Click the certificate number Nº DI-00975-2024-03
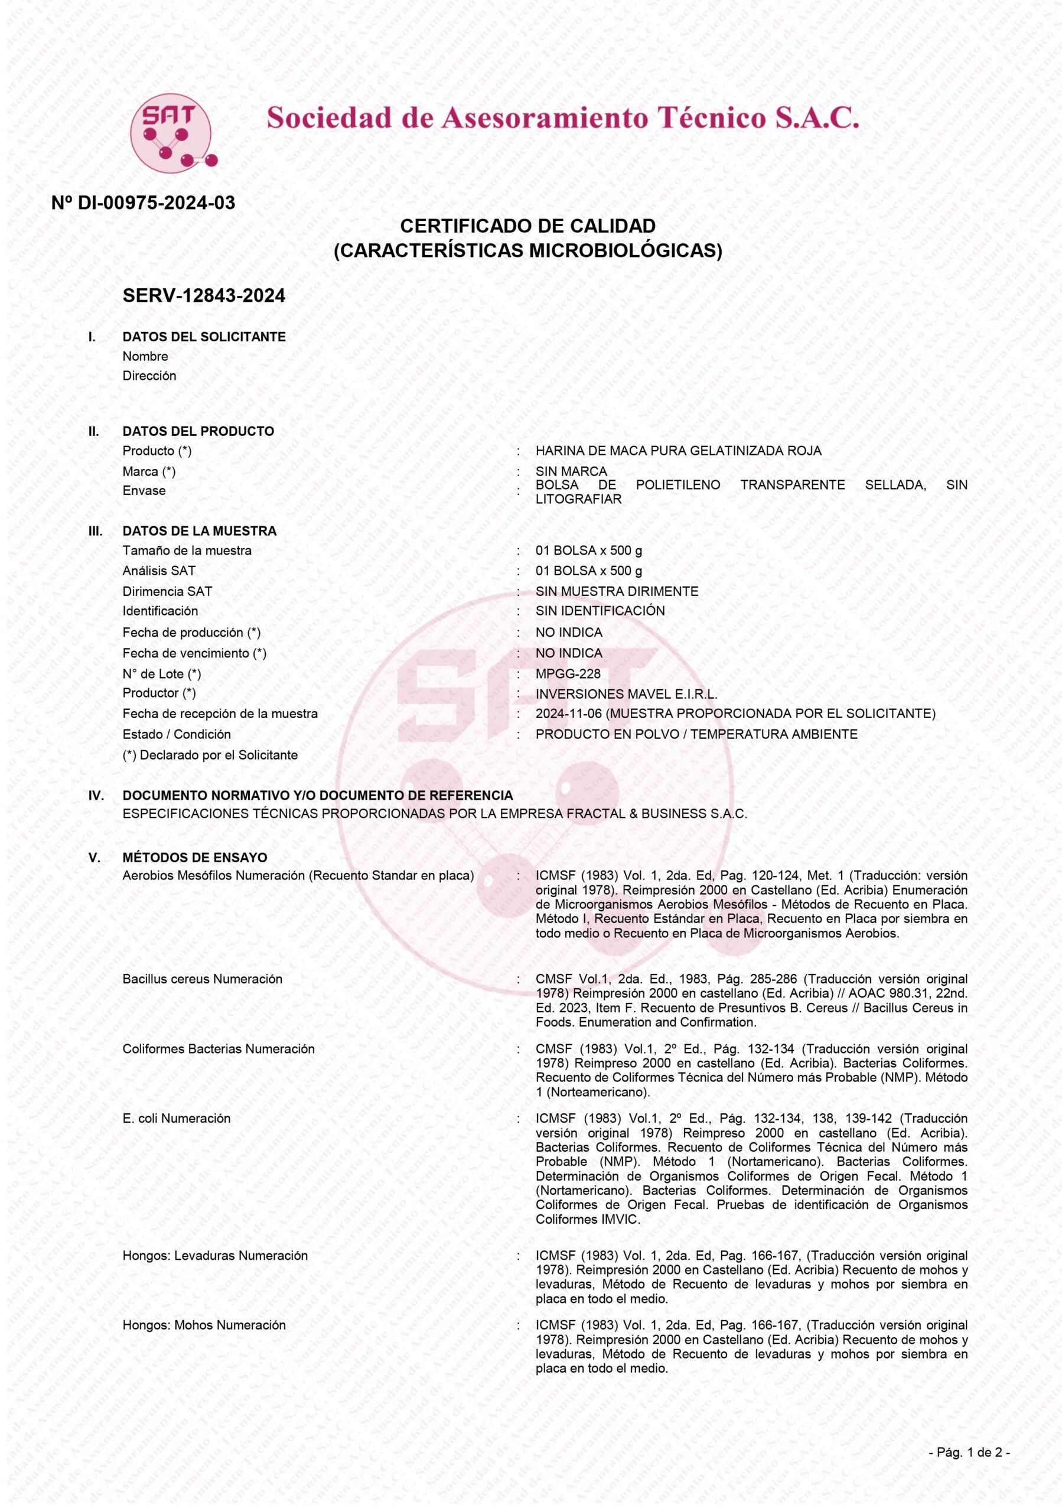click(x=143, y=203)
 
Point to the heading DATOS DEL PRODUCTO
click(x=198, y=431)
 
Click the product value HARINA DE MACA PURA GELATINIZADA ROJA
click(x=678, y=451)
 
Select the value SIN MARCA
click(x=571, y=471)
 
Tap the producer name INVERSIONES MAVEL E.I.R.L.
click(x=626, y=694)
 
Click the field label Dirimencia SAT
click(x=167, y=591)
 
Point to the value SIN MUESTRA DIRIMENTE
click(x=616, y=591)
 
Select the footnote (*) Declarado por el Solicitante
click(x=210, y=755)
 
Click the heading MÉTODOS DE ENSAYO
click(x=195, y=858)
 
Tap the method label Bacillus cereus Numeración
click(x=202, y=979)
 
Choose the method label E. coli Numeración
click(x=177, y=1119)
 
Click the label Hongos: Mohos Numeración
click(x=204, y=1325)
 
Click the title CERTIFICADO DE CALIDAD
click(x=527, y=226)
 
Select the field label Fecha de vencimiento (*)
click(x=194, y=653)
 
